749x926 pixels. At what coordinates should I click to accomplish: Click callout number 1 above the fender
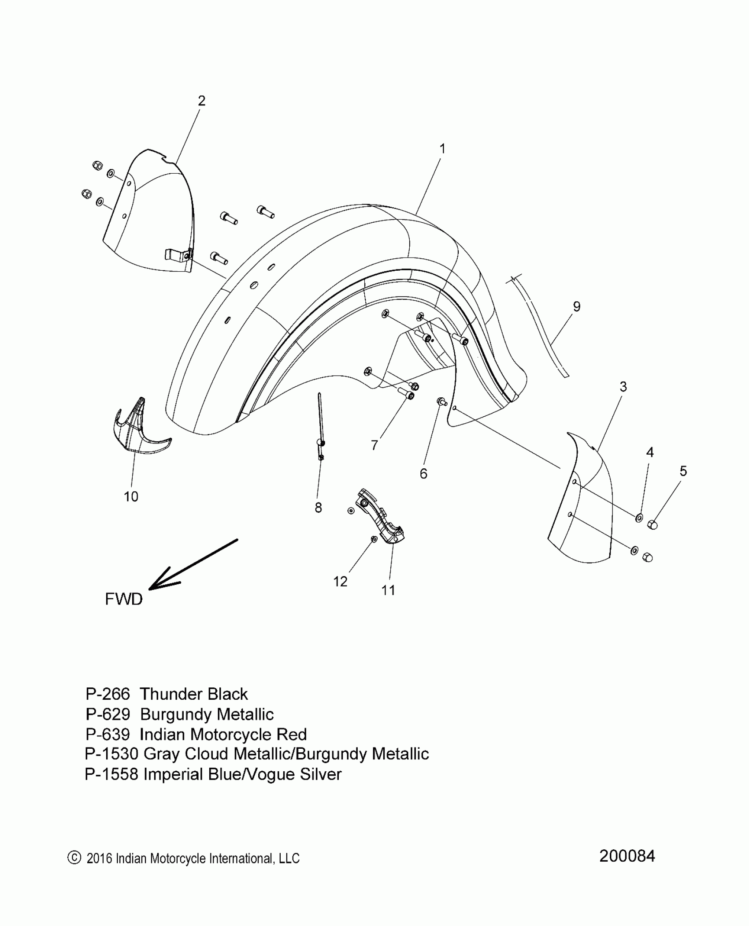click(x=442, y=149)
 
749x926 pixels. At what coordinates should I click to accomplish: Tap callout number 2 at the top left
click(x=201, y=101)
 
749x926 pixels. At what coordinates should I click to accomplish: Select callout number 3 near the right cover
click(x=623, y=387)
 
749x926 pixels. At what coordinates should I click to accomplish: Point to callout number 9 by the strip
click(x=576, y=306)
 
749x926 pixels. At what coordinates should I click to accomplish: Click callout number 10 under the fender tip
click(x=131, y=497)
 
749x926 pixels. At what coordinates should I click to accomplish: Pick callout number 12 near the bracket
click(x=340, y=582)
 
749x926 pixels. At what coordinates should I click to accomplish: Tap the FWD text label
click(x=124, y=599)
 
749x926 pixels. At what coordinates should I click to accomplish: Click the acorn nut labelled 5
click(x=653, y=525)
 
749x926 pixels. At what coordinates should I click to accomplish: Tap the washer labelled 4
click(x=638, y=517)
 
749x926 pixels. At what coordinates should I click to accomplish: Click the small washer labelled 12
click(x=374, y=539)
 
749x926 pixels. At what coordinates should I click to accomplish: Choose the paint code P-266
click(x=108, y=694)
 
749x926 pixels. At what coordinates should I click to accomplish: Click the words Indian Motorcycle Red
click(x=223, y=734)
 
